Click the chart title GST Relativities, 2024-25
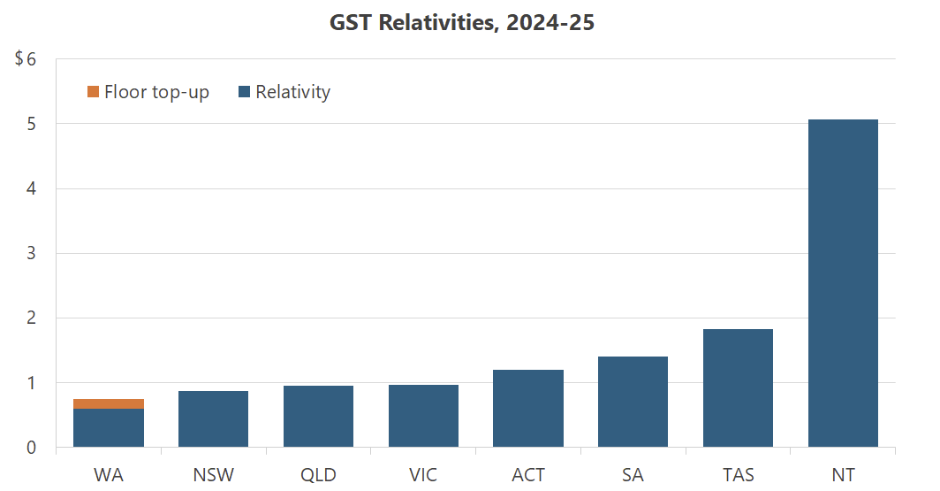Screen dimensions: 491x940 point(462,24)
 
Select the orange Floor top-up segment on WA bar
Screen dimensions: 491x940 point(109,403)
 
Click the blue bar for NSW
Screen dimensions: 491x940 point(213,419)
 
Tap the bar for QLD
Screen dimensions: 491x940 point(318,417)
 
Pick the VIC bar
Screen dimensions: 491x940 point(423,416)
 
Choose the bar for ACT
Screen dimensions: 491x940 point(528,409)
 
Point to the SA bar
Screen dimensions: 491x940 point(633,402)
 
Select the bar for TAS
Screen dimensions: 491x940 point(738,388)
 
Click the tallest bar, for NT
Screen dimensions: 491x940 point(843,283)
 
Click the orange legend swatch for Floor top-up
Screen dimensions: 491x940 point(93,92)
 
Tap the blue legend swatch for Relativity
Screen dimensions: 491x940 point(245,92)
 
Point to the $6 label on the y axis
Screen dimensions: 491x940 point(25,59)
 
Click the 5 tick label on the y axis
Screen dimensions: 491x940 point(32,125)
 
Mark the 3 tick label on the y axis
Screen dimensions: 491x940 point(32,254)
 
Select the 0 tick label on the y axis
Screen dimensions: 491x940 point(32,448)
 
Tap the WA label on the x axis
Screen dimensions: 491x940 point(109,475)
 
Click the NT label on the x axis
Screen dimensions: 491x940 point(843,475)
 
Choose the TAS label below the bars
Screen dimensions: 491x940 point(738,475)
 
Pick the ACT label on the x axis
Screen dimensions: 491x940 point(528,475)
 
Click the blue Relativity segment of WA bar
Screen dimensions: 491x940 point(109,428)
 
